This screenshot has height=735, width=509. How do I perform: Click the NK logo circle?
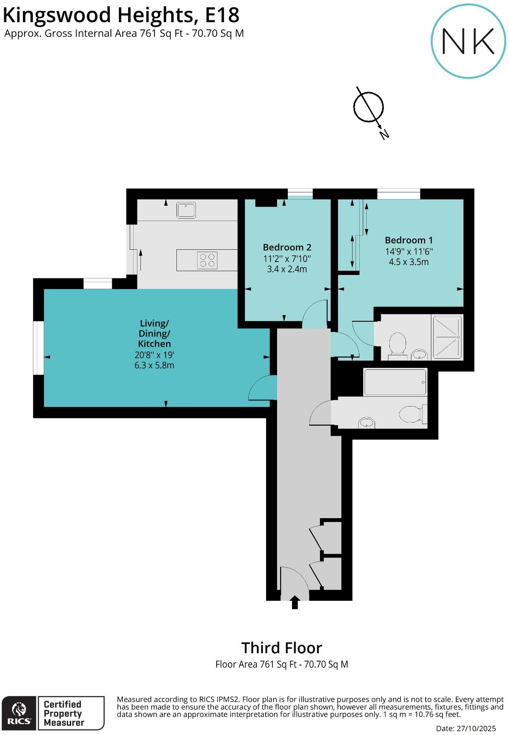tap(468, 41)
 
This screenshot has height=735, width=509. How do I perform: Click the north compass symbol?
tap(369, 107)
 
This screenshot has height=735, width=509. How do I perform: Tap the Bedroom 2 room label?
tap(287, 247)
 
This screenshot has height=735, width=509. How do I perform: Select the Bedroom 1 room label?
tap(409, 240)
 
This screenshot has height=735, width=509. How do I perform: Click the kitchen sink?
tap(186, 210)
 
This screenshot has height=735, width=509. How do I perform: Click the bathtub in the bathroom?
tap(395, 382)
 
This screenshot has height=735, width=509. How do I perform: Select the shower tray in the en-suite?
tap(447, 337)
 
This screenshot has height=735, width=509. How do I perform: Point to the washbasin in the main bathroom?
tap(367, 423)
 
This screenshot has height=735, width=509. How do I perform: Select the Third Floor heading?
tap(282, 648)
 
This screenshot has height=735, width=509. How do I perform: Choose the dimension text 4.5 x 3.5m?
tap(409, 262)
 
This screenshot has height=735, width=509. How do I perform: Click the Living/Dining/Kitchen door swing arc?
tap(261, 387)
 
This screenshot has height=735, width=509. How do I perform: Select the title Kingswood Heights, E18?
tap(121, 15)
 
